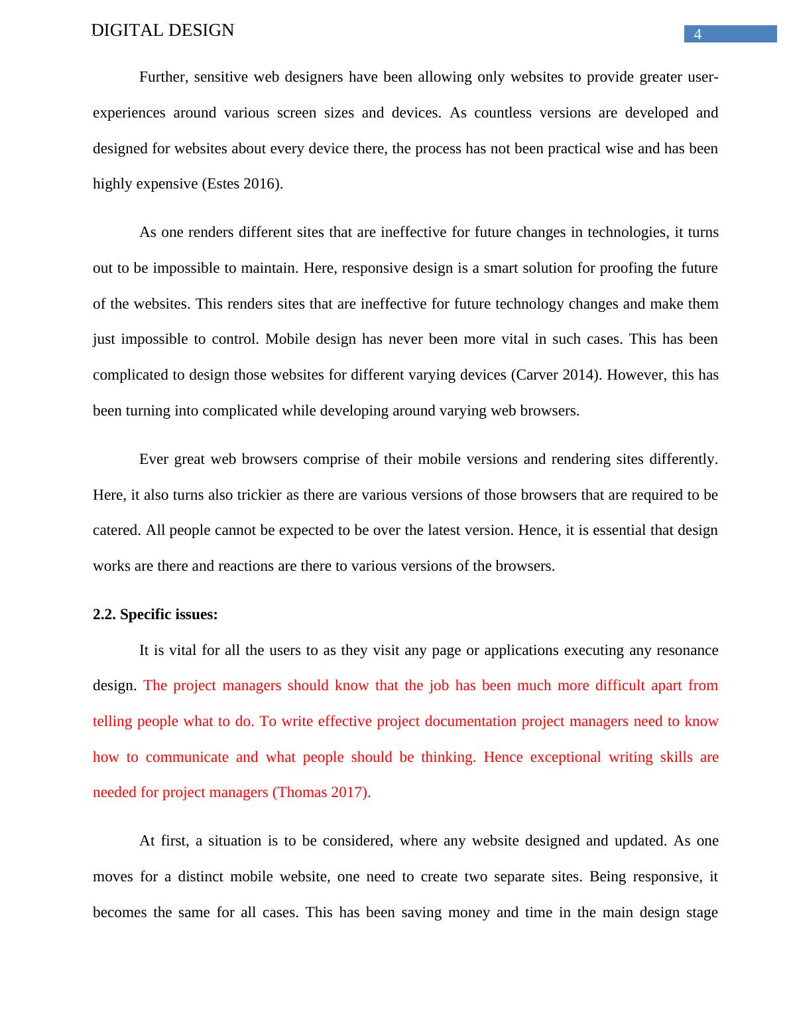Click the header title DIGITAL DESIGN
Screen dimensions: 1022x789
click(162, 31)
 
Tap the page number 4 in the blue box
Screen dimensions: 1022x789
click(698, 35)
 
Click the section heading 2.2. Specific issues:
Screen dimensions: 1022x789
click(155, 615)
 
